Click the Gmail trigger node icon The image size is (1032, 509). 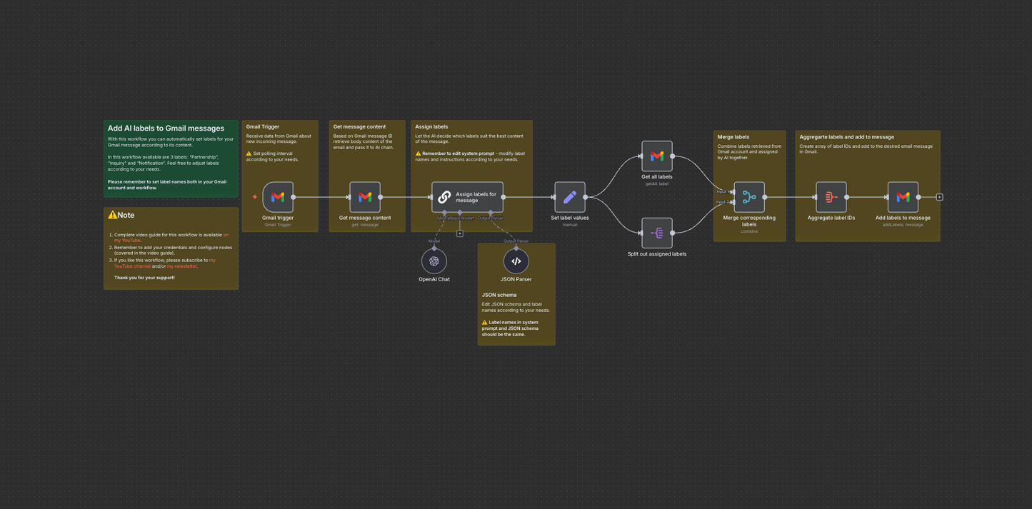tap(278, 197)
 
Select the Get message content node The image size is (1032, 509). tap(365, 197)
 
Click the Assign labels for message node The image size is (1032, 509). tap(467, 197)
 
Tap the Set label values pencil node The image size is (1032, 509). tap(570, 197)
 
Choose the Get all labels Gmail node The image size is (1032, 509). tap(657, 156)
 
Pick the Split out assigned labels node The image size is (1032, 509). tap(657, 233)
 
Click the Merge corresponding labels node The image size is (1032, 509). tap(749, 197)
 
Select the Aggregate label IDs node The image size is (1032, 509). tap(831, 197)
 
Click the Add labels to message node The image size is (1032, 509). tap(903, 197)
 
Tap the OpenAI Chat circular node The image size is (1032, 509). tap(434, 261)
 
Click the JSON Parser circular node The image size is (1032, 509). tap(516, 261)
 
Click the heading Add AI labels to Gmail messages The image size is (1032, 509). tap(166, 128)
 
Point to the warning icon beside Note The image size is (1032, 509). tap(112, 215)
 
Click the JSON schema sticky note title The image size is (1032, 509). tap(499, 295)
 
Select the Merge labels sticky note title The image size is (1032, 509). tap(733, 137)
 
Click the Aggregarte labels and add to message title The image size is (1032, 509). tap(846, 137)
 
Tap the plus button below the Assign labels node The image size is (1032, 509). tap(460, 233)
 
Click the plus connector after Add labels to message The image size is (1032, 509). tap(940, 197)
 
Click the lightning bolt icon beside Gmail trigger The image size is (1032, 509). tap(255, 197)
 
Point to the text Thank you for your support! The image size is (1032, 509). tap(144, 278)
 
